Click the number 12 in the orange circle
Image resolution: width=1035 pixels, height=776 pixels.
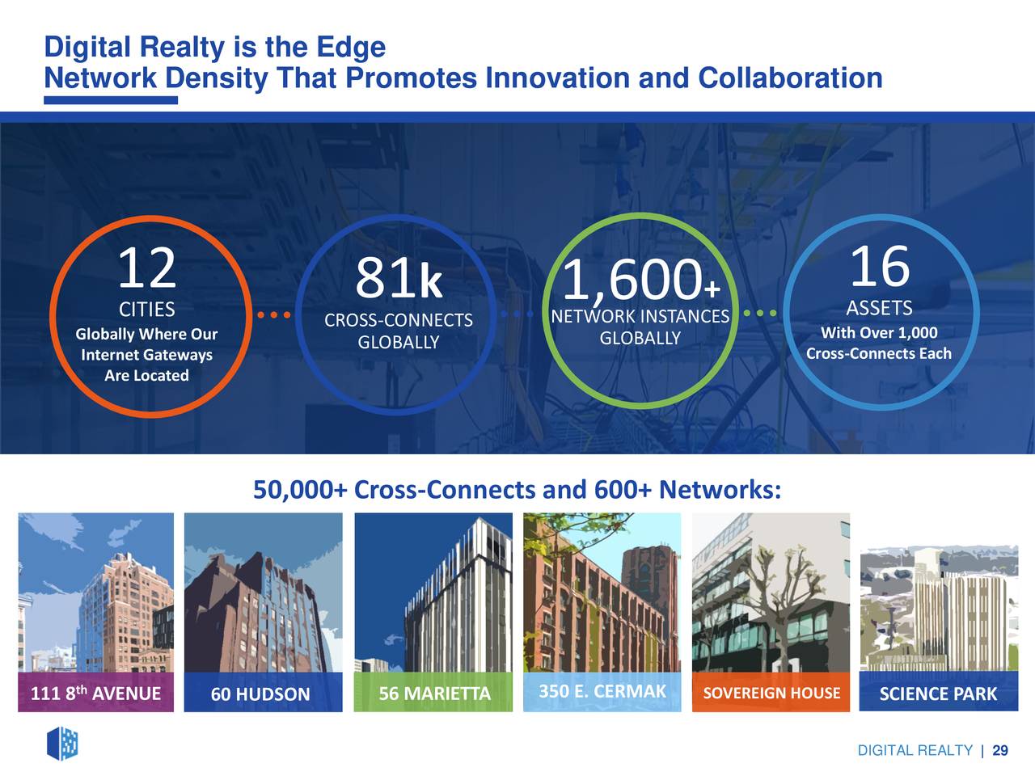[147, 268]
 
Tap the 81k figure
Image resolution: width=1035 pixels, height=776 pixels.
[399, 278]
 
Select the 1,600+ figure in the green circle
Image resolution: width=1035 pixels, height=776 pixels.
[641, 280]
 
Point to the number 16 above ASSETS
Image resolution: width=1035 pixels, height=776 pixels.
[880, 266]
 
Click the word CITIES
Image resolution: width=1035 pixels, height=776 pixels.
[146, 310]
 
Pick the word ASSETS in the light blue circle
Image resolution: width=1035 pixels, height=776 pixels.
[880, 308]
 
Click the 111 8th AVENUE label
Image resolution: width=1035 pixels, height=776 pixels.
[95, 693]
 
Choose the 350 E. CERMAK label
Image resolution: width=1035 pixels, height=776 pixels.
[602, 691]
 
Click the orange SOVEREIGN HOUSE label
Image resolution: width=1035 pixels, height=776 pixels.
[771, 693]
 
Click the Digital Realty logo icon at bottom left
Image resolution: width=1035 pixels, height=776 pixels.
[62, 744]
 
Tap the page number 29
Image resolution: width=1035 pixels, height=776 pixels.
[1000, 750]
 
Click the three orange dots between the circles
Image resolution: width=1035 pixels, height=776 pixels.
[274, 315]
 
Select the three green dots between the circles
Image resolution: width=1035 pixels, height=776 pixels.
[759, 313]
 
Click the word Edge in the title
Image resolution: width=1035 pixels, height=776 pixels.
[351, 48]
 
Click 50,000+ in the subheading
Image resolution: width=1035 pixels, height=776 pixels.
[300, 490]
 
